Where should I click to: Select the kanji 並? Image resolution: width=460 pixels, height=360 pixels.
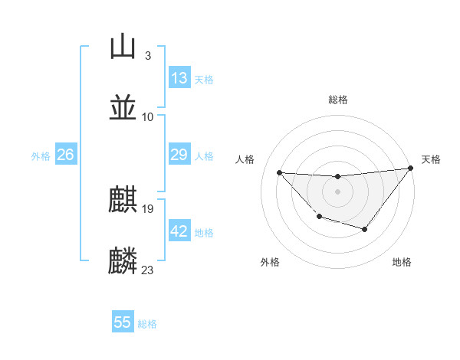tap(123, 107)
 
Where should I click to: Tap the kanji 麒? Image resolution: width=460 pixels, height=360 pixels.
tap(123, 200)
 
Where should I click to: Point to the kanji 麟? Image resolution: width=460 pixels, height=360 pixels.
tap(123, 260)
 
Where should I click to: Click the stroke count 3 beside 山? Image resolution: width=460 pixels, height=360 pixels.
tap(147, 56)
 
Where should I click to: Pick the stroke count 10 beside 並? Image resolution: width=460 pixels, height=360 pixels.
tap(148, 117)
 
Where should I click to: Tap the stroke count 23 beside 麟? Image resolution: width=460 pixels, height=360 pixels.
tap(147, 270)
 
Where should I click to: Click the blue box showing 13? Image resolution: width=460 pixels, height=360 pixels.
tap(179, 78)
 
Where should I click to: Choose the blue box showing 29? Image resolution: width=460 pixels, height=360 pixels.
tap(179, 155)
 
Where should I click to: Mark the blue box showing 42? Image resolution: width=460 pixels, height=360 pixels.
tap(179, 231)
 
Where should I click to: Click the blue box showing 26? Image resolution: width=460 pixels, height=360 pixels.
tap(65, 155)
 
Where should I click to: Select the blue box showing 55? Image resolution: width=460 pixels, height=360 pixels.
tap(123, 322)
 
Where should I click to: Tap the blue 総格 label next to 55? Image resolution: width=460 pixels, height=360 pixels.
tap(147, 324)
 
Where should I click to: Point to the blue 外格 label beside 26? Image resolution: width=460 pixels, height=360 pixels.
tap(41, 156)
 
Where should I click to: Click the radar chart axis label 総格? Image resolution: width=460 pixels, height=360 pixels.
tap(337, 100)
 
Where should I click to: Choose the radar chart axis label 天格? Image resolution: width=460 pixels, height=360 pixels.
tap(431, 159)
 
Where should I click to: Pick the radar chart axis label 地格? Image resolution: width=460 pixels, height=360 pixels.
tap(402, 262)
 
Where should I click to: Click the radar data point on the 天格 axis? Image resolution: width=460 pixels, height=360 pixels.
tap(411, 168)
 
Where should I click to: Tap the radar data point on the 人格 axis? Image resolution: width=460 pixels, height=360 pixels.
tap(279, 172)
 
